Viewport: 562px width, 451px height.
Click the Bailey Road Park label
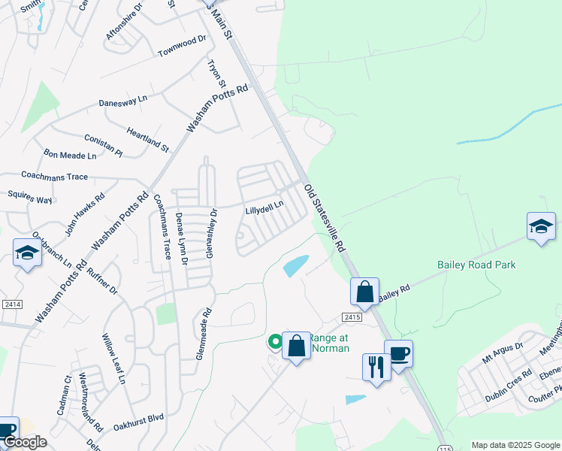476,265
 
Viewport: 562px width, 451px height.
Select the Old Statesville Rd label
325,218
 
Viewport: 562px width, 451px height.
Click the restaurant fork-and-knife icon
374,368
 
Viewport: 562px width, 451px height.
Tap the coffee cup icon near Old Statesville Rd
398,353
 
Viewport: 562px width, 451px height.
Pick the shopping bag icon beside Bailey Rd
364,292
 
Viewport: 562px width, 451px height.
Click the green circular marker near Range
276,342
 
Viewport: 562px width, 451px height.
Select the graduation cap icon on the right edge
541,226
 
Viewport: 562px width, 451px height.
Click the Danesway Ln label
123,100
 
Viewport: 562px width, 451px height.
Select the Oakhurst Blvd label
138,418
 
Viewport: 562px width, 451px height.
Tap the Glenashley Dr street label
213,233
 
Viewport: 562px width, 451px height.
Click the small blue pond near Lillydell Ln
295,265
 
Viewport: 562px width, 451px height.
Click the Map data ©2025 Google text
515,445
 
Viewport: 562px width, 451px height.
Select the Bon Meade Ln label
71,156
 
